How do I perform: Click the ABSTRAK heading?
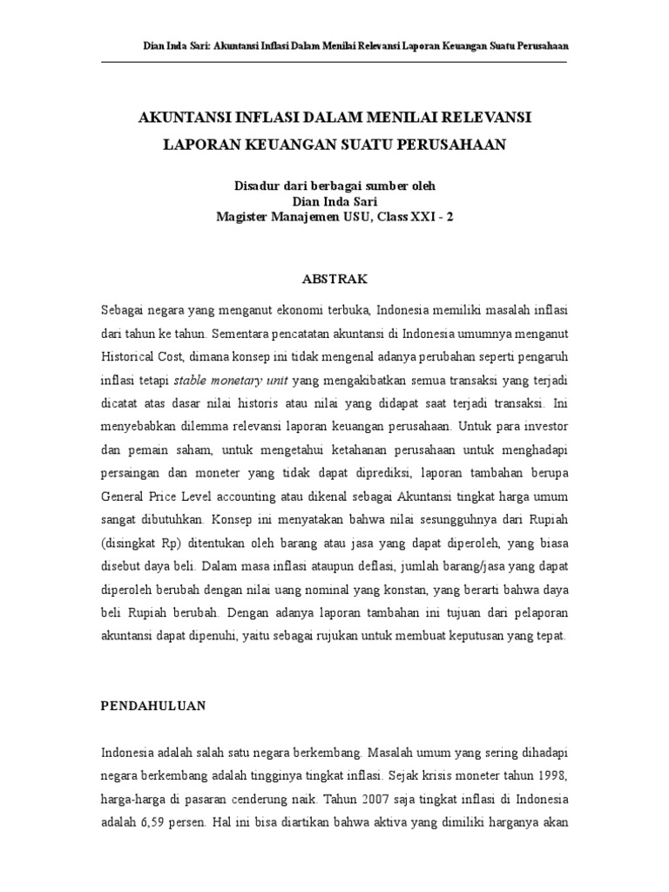pos(334,279)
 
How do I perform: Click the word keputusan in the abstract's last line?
pos(442,636)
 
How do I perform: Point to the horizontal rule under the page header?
pos(334,62)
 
